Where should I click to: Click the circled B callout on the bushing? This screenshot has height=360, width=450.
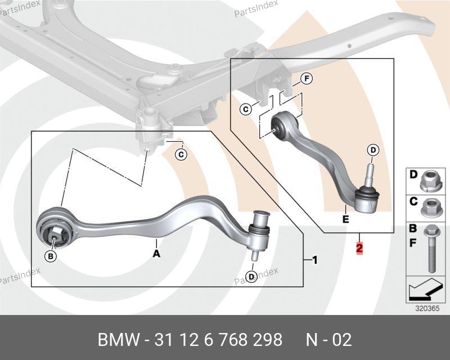click(x=51, y=256)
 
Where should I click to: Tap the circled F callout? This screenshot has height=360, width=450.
click(x=306, y=79)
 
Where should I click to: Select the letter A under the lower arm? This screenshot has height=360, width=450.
click(x=156, y=254)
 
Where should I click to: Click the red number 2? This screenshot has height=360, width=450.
click(x=359, y=247)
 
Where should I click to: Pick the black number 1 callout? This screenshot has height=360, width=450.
click(x=314, y=260)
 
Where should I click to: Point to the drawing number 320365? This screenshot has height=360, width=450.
click(x=426, y=308)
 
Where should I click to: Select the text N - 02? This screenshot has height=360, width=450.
click(x=328, y=340)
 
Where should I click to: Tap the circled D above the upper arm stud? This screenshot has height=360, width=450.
click(x=373, y=150)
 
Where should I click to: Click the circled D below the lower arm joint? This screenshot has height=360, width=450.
click(x=251, y=276)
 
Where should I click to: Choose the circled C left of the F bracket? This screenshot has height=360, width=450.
click(x=246, y=110)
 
